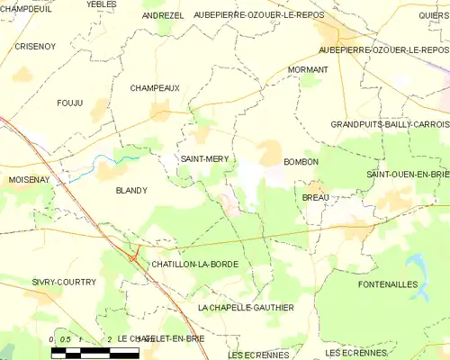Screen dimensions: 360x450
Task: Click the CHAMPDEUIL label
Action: pos(25,7)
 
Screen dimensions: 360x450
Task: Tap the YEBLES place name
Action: pos(101,4)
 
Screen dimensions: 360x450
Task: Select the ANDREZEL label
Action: pos(163,16)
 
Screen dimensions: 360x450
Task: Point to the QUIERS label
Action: pos(433,15)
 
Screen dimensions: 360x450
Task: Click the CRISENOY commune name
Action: pos(34,46)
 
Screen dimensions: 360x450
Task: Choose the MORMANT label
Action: pos(307,69)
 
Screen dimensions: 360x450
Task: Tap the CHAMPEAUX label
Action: pos(155,88)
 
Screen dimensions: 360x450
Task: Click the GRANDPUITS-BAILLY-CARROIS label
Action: pos(389,124)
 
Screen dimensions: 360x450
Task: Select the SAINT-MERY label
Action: pos(205,158)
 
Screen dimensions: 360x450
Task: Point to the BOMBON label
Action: pos(301,162)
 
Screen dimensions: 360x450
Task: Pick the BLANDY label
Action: pos(130,191)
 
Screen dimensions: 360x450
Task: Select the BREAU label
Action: pos(315,197)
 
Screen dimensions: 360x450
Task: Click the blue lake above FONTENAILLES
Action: pos(418,264)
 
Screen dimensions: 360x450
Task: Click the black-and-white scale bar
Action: pos(94,352)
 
